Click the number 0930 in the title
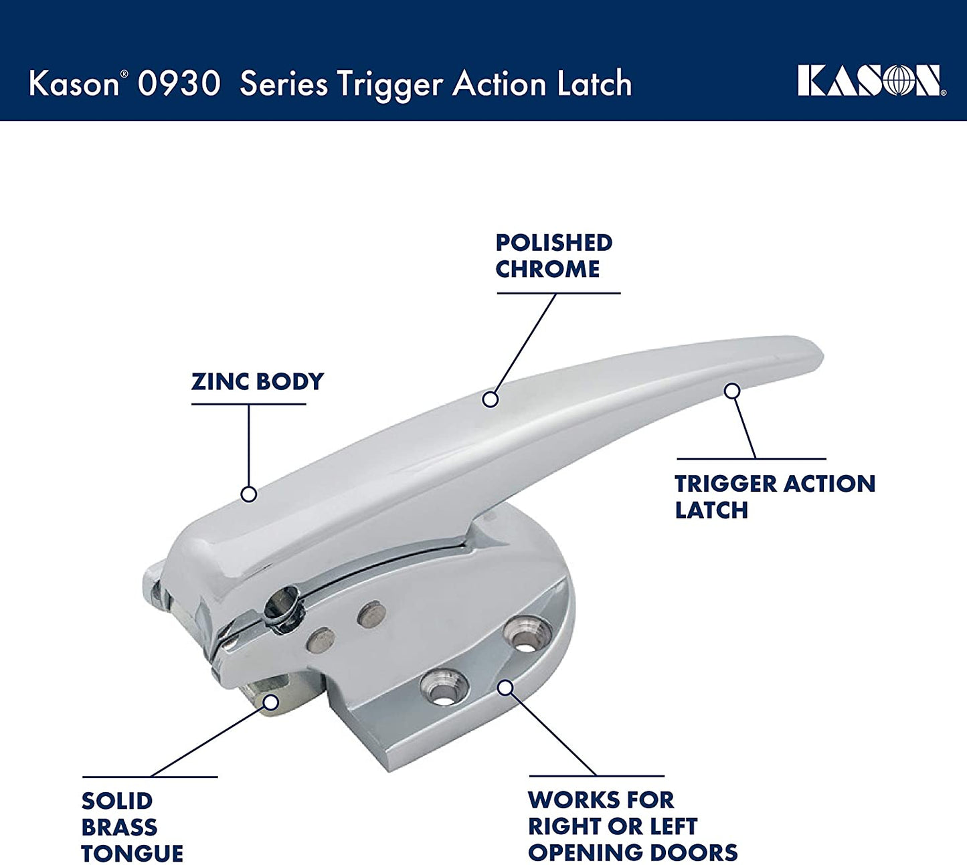click(x=179, y=84)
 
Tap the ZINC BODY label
click(x=257, y=382)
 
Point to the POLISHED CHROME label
click(x=553, y=256)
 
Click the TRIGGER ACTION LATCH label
click(x=775, y=496)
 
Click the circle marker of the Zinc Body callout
click(x=249, y=494)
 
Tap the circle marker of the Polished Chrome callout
click(x=490, y=399)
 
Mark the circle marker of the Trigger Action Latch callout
click(x=732, y=391)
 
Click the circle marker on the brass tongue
click(x=271, y=702)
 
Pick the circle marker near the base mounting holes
click(x=505, y=688)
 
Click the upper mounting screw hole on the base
click(x=525, y=634)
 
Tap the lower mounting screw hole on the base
click(x=444, y=687)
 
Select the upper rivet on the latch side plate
click(x=372, y=615)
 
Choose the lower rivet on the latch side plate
click(x=321, y=640)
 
